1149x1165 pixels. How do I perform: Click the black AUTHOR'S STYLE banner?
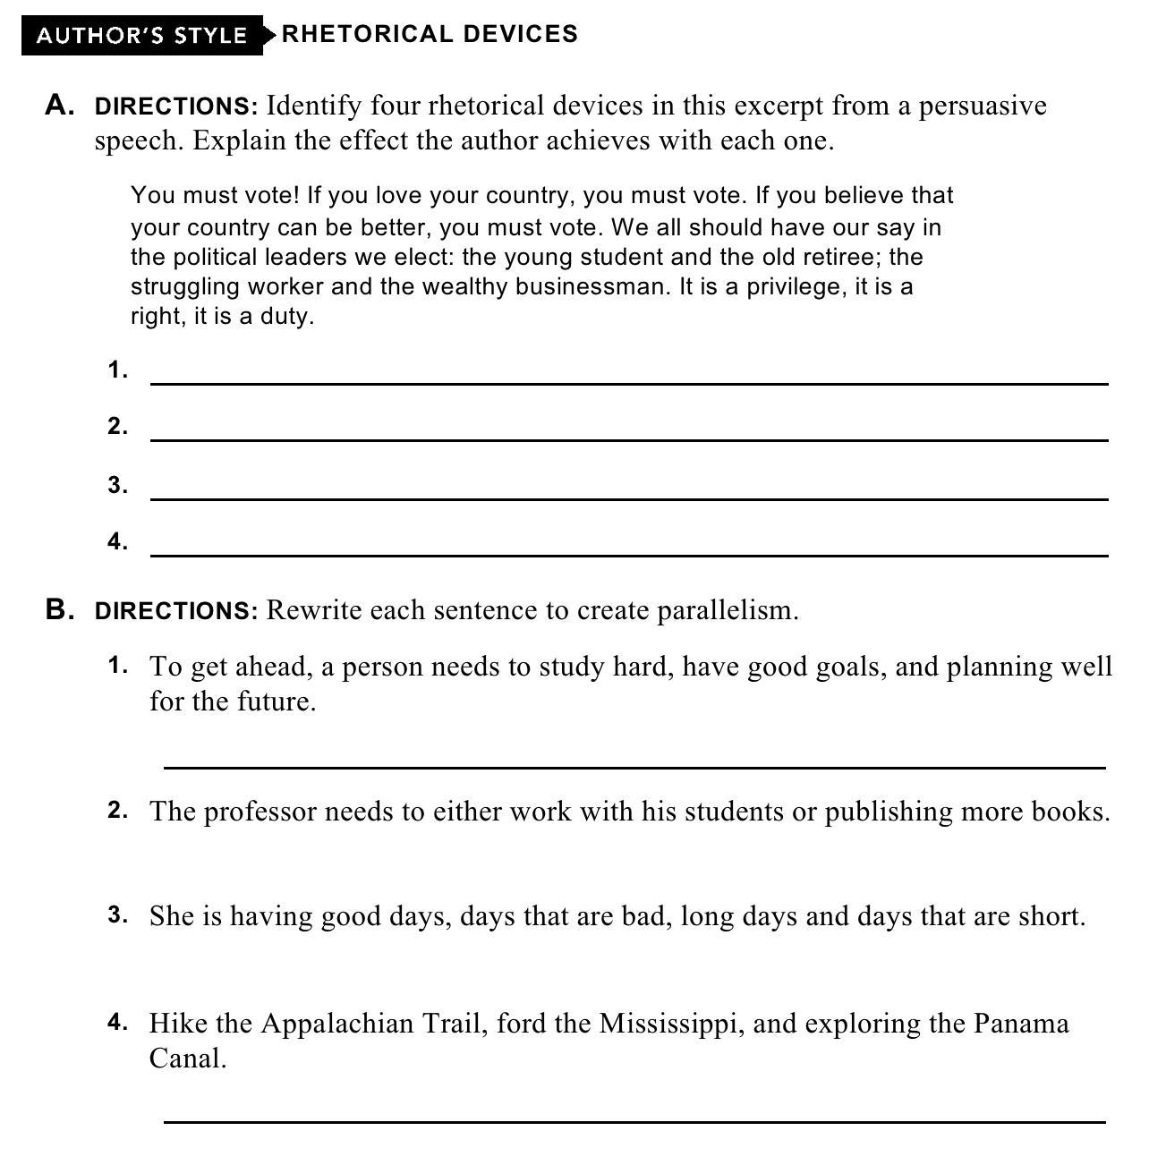(x=141, y=36)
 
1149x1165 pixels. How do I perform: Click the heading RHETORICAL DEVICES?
(x=430, y=34)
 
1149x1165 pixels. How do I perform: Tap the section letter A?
(x=59, y=106)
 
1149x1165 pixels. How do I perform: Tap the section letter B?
(x=59, y=610)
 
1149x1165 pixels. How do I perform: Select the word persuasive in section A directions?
(x=983, y=106)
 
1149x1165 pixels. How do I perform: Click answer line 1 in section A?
(x=629, y=383)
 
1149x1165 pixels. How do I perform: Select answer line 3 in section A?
(x=629, y=497)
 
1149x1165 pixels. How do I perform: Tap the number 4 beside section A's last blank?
(x=117, y=541)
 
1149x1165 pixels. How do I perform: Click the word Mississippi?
(x=670, y=1023)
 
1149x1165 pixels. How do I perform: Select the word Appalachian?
(x=336, y=1023)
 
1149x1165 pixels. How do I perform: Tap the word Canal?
(x=188, y=1059)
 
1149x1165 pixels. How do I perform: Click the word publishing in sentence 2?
(x=888, y=812)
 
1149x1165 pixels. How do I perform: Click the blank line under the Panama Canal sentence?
(x=634, y=1120)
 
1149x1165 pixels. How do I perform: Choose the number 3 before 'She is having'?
(x=117, y=915)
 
